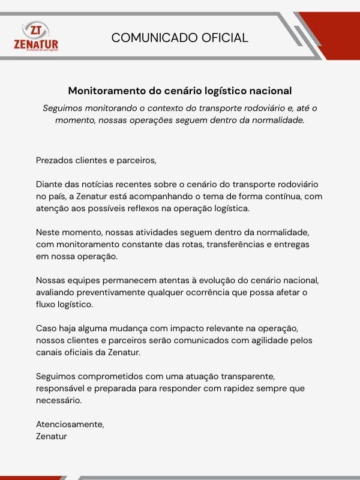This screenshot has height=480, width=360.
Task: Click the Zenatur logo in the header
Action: [x=36, y=37]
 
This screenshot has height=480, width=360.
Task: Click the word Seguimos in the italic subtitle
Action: [x=64, y=108]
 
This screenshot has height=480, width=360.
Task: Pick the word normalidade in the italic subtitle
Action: [x=277, y=120]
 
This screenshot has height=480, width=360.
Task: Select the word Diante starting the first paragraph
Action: [x=50, y=184]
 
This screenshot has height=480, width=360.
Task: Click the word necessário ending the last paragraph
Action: [x=58, y=400]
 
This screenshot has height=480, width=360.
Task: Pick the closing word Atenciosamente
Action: [x=70, y=424]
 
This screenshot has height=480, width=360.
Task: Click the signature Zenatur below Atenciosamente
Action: [x=52, y=436]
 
